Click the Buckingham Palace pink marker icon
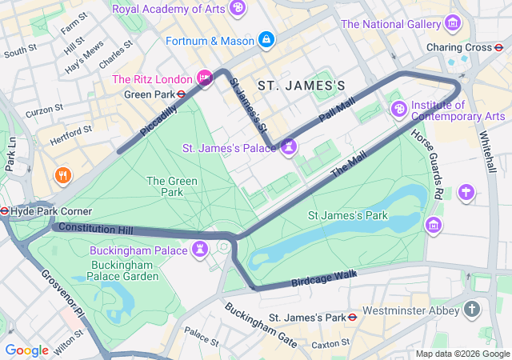pos(200,250)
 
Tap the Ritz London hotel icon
pos(205,78)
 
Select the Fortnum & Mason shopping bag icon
pos(266,39)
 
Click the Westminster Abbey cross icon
pos(472,309)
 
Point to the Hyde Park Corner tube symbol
pos(5,211)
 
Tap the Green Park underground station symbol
pos(182,94)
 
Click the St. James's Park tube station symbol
pos(353,317)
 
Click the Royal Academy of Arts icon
pos(237,9)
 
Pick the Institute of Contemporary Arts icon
pos(398,108)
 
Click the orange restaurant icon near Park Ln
pos(62,174)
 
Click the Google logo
pos(26,350)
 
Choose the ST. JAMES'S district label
pos(302,85)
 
